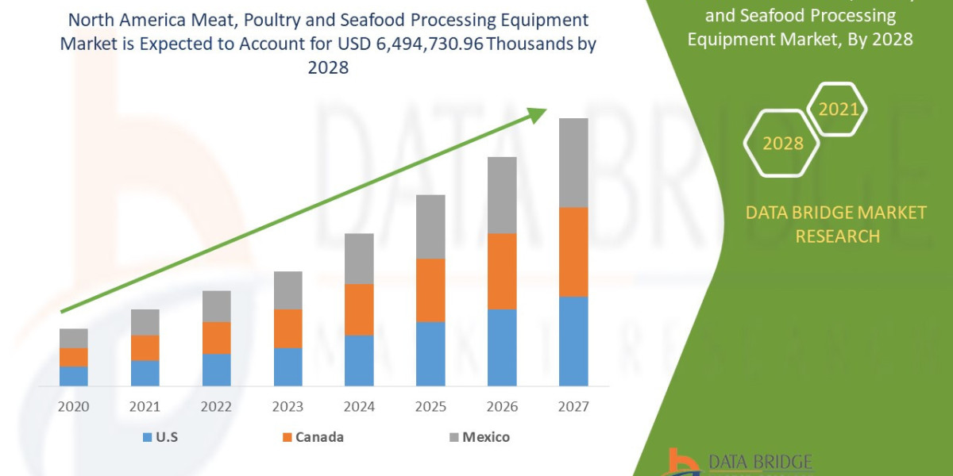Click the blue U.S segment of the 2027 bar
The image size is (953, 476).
point(573,341)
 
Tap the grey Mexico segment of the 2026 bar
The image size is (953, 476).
point(502,195)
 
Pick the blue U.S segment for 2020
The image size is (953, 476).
point(73,376)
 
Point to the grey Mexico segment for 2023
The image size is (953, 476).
point(287,290)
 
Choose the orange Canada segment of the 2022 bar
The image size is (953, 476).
point(216,338)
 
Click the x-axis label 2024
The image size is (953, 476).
point(359,407)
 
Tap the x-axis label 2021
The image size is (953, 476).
point(145,407)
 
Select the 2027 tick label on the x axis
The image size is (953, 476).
point(573,407)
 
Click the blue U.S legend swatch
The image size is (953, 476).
point(148,437)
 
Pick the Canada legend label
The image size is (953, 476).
point(319,437)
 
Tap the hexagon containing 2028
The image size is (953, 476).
point(782,144)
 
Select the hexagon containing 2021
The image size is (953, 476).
point(838,109)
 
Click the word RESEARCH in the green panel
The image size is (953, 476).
point(837,236)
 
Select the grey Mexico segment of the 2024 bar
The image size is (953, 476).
point(359,259)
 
